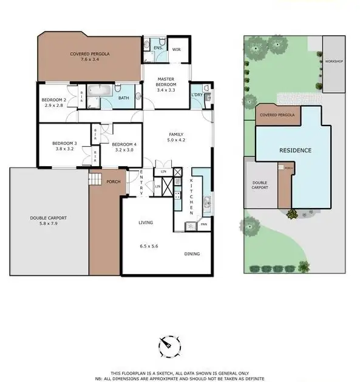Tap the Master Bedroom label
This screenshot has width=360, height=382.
166,84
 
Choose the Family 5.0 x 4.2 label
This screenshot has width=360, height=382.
175,138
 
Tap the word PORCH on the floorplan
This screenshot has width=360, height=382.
113,182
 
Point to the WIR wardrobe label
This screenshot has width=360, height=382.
177,50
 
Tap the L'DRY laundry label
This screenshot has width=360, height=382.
197,95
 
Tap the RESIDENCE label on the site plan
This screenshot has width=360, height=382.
295,150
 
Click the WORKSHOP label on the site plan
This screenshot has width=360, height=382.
334,62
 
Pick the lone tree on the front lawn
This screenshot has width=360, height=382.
250,227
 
